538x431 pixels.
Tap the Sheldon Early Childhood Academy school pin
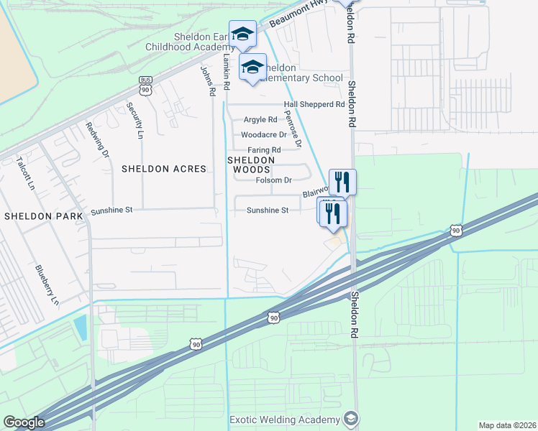(x=243, y=34)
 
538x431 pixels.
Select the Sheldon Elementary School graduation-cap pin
(x=252, y=68)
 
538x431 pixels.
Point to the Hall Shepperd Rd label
(x=314, y=104)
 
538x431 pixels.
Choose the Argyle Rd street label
(x=260, y=119)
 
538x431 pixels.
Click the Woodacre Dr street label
(x=264, y=134)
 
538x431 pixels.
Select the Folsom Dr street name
(x=273, y=180)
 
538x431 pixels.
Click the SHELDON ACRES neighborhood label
(x=163, y=169)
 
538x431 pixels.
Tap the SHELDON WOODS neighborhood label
(x=252, y=164)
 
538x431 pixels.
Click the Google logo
(x=24, y=422)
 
